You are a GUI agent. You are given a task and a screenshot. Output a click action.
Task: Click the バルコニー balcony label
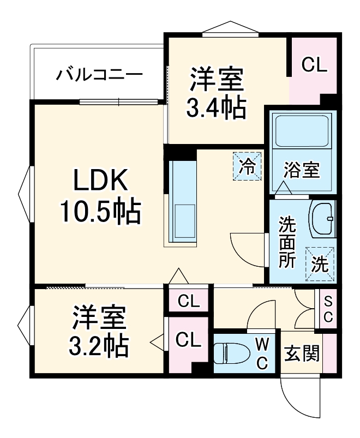tap(99, 74)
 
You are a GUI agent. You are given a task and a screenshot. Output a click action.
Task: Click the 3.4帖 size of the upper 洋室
tap(216, 107)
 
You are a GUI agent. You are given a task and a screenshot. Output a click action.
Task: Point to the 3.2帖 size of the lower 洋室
tap(98, 344)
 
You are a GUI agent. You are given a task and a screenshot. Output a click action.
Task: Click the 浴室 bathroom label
tap(302, 170)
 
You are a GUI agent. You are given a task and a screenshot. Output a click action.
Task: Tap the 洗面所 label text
tap(287, 242)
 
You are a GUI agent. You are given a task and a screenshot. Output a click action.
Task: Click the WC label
tap(262, 353)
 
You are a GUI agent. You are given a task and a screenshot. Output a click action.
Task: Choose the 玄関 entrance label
tap(301, 354)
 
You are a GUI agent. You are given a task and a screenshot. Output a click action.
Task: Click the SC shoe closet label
tap(328, 309)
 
